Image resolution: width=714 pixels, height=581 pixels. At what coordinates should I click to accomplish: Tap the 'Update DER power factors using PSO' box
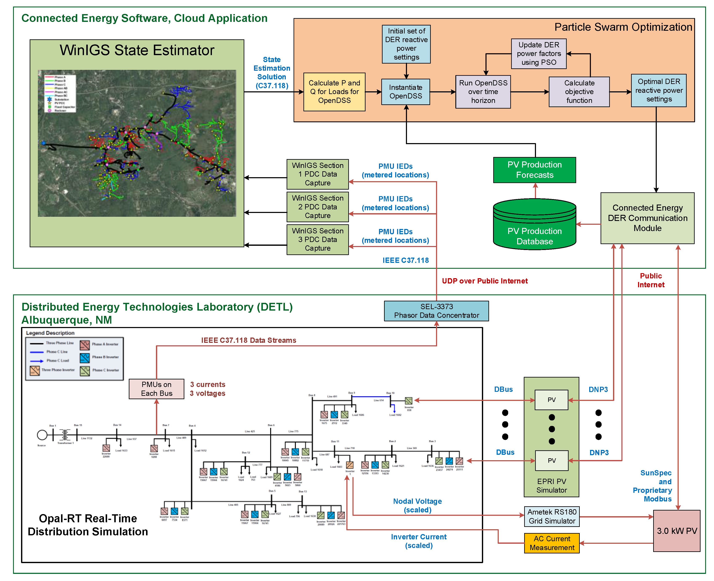(x=538, y=53)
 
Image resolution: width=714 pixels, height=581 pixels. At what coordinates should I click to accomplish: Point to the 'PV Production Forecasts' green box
(x=534, y=170)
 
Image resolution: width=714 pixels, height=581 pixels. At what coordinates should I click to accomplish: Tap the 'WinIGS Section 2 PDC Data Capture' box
(x=317, y=207)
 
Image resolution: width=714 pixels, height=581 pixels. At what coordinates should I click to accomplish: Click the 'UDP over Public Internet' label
(x=484, y=281)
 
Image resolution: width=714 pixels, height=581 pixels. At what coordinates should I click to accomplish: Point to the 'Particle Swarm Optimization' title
(x=623, y=27)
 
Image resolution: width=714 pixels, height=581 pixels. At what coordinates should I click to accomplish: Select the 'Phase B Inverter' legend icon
(x=85, y=358)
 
